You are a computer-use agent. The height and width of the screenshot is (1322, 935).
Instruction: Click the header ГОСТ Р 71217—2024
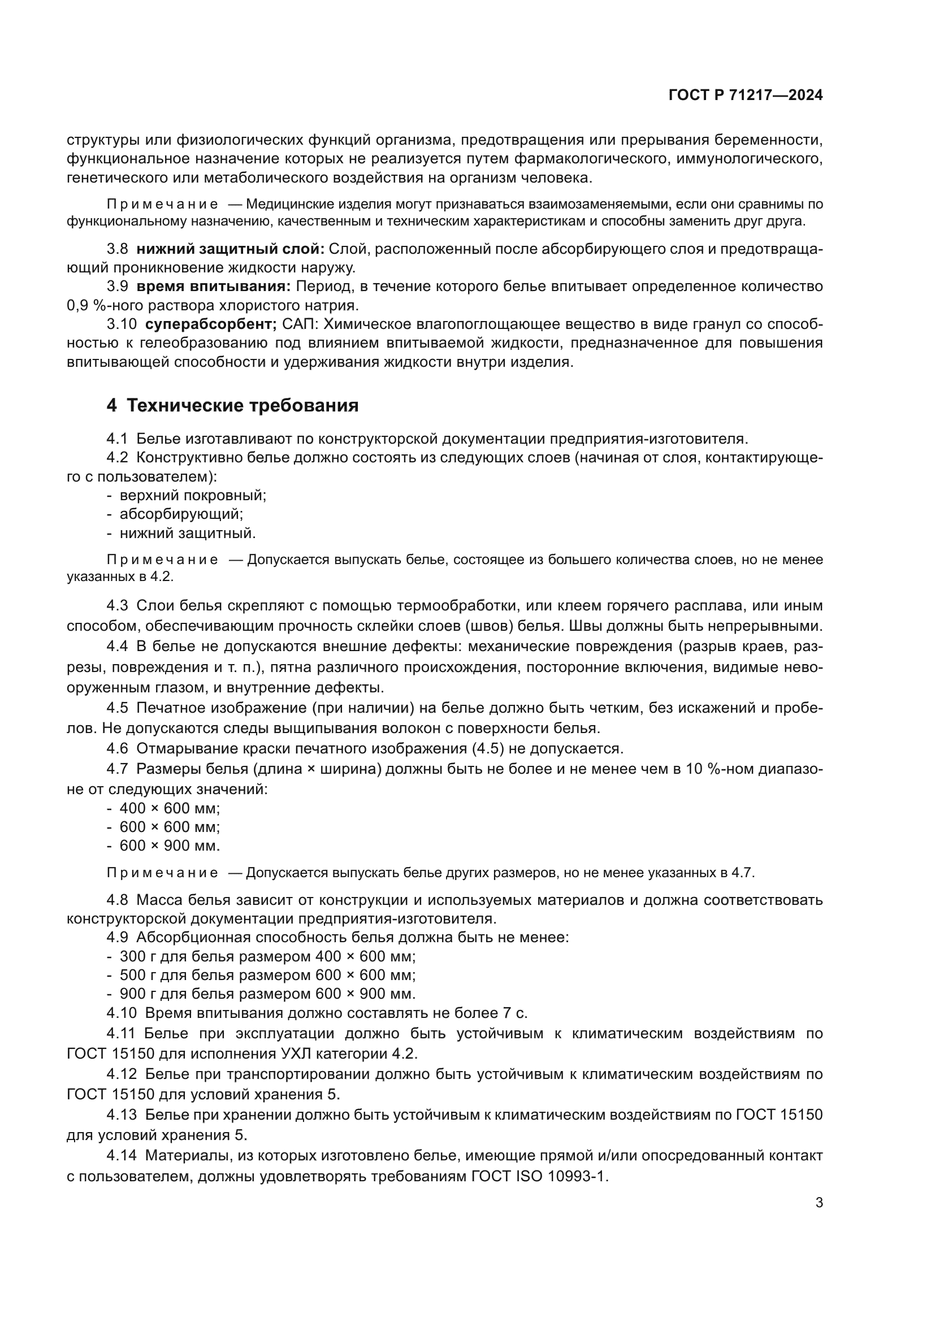click(x=745, y=96)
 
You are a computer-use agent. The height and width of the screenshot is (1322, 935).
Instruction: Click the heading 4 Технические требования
click(x=232, y=405)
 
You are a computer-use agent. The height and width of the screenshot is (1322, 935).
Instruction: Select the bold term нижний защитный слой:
click(x=230, y=249)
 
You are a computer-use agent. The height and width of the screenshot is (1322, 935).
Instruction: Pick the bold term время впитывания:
click(x=213, y=286)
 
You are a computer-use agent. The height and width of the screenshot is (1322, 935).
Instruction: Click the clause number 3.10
click(x=122, y=324)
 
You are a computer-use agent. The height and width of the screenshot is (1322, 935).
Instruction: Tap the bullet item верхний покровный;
click(x=192, y=495)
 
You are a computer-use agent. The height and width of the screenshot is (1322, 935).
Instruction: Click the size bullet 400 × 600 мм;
click(x=169, y=808)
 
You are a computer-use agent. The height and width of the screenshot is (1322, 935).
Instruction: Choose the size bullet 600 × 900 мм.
click(x=169, y=846)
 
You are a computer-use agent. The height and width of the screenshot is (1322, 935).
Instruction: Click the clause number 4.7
click(x=117, y=769)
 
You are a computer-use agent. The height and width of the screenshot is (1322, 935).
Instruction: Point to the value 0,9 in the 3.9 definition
click(x=75, y=305)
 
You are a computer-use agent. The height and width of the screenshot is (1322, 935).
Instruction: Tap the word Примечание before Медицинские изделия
click(x=162, y=205)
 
